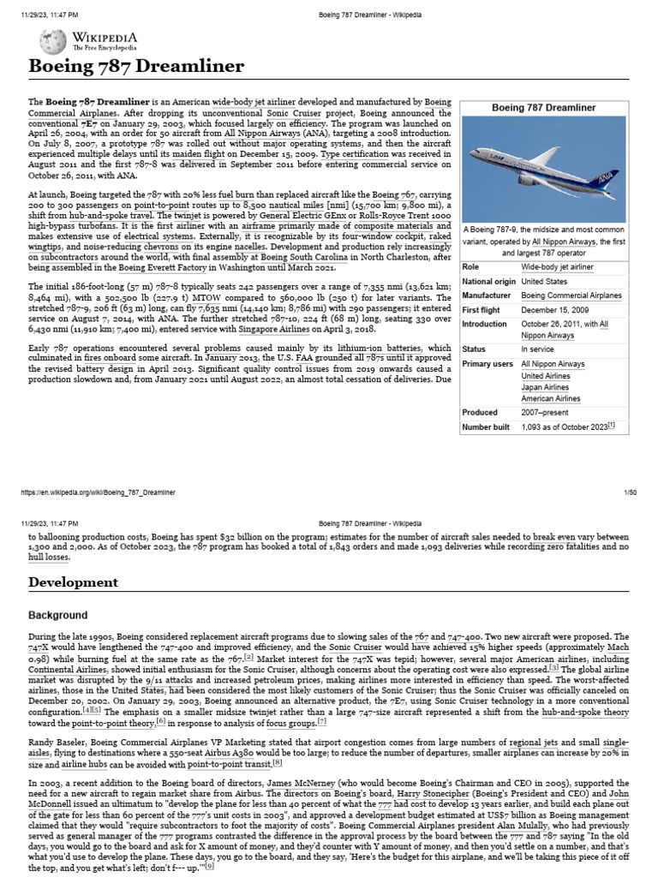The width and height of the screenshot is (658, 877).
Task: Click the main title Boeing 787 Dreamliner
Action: (x=136, y=67)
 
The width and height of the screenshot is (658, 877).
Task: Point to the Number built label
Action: (x=486, y=427)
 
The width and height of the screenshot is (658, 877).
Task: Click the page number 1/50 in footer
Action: (x=631, y=492)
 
